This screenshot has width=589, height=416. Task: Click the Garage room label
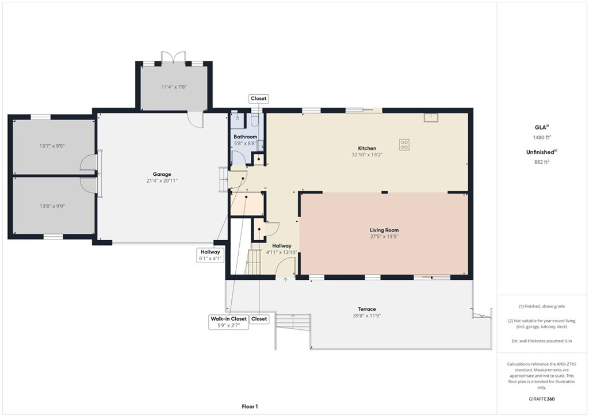click(162, 174)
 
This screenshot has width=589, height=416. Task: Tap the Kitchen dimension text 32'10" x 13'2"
click(367, 155)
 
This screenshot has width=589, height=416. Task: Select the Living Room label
click(384, 230)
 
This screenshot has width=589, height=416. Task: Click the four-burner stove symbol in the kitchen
click(404, 144)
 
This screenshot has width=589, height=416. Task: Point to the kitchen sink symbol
click(431, 117)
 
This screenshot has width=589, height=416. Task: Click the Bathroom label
click(245, 137)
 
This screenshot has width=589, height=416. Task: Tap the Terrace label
click(366, 309)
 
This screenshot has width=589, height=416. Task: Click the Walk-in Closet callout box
click(229, 322)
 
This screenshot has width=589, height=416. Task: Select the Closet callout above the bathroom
click(258, 98)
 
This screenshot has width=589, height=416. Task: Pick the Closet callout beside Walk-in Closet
click(259, 319)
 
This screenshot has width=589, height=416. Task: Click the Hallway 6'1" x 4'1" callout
click(211, 255)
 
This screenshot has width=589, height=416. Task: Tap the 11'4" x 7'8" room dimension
click(174, 87)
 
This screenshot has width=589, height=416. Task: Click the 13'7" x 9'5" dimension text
click(52, 146)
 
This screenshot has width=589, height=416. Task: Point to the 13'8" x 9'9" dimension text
click(52, 206)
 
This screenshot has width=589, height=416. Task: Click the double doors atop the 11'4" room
click(174, 57)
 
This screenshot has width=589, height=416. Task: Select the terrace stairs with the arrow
click(293, 321)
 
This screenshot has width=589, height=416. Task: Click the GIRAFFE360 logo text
click(542, 399)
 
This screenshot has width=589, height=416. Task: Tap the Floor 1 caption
click(250, 406)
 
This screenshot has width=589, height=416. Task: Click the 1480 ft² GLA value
click(542, 137)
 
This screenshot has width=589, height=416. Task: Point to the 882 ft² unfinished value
click(542, 162)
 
